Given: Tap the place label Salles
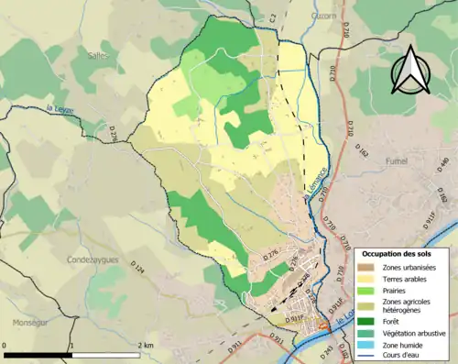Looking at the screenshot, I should pyautogui.click(x=99, y=55).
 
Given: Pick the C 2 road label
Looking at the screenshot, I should pyautogui.click(x=273, y=17).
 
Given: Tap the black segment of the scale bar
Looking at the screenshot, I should pyautogui.click(x=38, y=354).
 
